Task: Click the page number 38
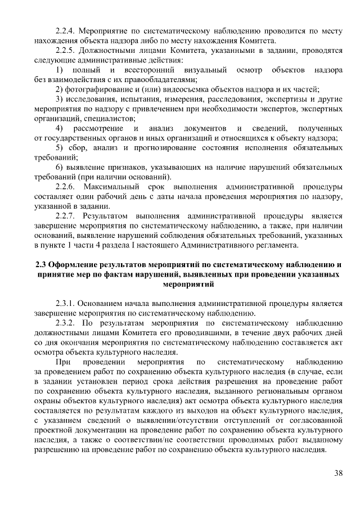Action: click(337, 472)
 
